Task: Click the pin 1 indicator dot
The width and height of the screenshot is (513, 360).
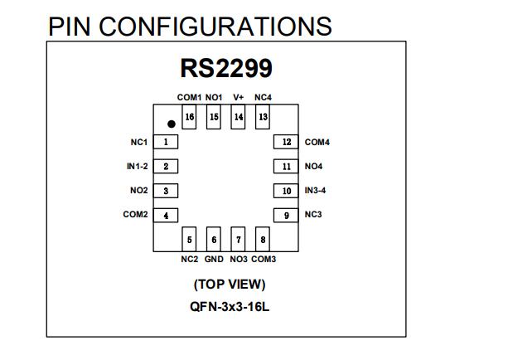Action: pos(171,124)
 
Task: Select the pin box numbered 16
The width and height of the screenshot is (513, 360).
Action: pos(189,117)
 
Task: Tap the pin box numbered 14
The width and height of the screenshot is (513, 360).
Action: pos(238,117)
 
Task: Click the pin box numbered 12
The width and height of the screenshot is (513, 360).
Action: pos(286,142)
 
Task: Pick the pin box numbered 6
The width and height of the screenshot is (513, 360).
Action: pos(214,239)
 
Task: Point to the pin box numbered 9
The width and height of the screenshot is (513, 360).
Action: pos(286,215)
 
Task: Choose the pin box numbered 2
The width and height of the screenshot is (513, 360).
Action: pos(166,167)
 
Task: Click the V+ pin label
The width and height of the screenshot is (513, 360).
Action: pos(238,97)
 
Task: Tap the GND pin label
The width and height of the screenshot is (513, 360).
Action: pos(214,259)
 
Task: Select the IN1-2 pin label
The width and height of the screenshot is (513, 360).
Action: pos(138,167)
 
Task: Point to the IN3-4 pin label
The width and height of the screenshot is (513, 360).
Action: pos(315,190)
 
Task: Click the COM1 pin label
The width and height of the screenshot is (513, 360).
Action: pos(189,97)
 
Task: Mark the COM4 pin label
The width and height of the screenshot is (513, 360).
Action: pos(317,142)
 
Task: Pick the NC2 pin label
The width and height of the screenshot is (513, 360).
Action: pos(190,259)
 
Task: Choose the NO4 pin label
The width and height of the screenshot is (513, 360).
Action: pos(313,167)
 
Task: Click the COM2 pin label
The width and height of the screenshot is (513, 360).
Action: pos(135,214)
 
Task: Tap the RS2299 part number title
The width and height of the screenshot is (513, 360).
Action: pos(226,68)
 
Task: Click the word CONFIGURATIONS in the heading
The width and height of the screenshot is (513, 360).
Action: pos(215,27)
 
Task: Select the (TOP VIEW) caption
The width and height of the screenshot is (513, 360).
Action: pos(230,285)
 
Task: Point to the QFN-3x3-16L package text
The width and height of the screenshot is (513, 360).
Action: pos(230,307)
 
